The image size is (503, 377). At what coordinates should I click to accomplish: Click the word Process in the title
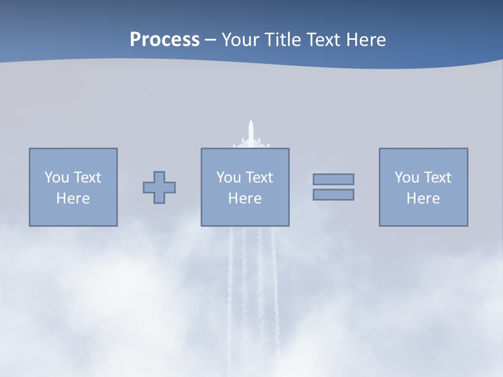pos(165,40)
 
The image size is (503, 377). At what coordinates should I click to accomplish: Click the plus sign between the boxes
pos(159,187)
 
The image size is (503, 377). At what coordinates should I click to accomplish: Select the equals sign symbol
pos(333,187)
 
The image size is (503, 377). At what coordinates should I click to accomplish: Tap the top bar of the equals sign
pos(333,180)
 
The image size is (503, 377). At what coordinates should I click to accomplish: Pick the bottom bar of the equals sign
pos(333,194)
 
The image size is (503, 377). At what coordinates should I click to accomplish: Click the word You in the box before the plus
pos(57,178)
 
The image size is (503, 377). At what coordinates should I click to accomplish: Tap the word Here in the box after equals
pos(423,198)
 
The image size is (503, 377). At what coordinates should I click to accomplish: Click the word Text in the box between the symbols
pos(259,178)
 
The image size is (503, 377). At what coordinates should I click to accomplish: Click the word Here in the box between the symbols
pos(245,198)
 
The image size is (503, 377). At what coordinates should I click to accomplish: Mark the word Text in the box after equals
pos(438,178)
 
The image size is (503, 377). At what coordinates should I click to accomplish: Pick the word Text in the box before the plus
pos(88,178)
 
